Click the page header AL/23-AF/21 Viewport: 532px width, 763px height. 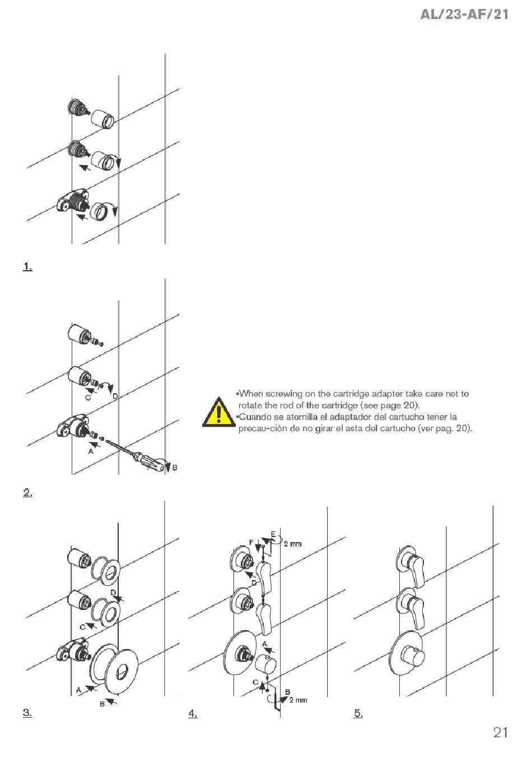tap(464, 14)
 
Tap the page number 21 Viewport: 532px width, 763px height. tap(500, 732)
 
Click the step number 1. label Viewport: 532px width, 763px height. tap(27, 266)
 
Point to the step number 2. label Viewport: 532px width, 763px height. tap(27, 492)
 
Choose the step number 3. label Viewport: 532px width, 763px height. tap(27, 712)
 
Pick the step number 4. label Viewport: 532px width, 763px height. tap(193, 713)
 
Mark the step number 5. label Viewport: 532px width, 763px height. tap(358, 713)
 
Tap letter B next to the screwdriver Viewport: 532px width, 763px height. tap(175, 467)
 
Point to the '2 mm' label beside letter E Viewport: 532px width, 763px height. tap(292, 544)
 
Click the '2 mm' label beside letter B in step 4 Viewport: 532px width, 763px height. tap(298, 700)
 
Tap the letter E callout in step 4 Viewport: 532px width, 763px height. tap(273, 534)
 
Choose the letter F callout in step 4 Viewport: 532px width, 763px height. tap(251, 541)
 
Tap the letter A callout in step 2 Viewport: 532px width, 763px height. tap(91, 451)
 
